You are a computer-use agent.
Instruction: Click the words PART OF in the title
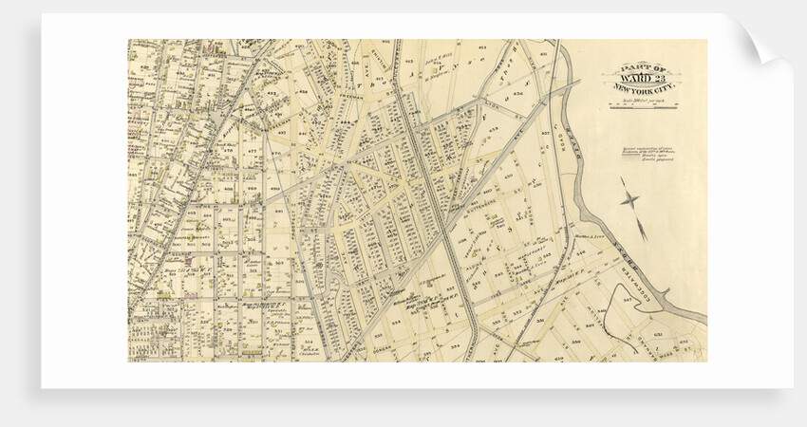[643, 68]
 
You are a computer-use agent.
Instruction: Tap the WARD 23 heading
[643, 78]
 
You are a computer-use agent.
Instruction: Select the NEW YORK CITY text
[643, 88]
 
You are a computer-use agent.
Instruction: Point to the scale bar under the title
[643, 106]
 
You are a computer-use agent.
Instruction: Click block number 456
[517, 94]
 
